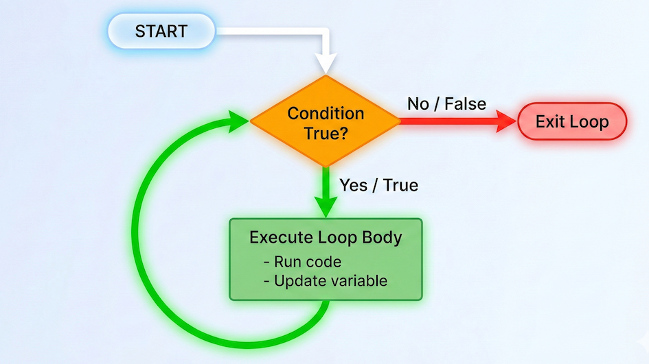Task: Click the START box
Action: (161, 32)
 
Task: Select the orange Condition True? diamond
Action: (325, 122)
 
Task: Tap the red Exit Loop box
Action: (571, 122)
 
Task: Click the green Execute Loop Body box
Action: (325, 259)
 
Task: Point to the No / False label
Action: (446, 104)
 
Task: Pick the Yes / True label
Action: (378, 185)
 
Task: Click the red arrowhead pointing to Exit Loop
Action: (507, 122)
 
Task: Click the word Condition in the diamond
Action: (325, 113)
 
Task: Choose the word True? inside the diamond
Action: (325, 133)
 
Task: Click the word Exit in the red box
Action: (549, 122)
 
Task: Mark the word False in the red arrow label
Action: (465, 104)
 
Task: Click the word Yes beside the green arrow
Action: (352, 185)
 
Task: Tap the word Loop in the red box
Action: (587, 122)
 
